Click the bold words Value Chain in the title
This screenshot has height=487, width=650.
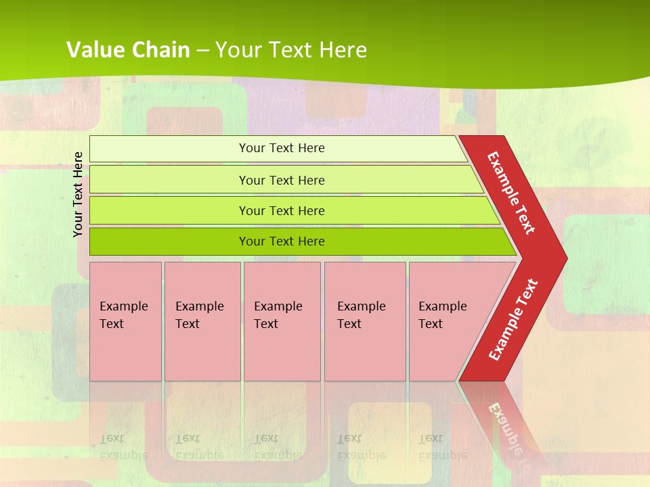128,50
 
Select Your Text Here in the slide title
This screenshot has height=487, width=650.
291,50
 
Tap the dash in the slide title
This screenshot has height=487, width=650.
202,51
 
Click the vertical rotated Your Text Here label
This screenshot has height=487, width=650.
79,194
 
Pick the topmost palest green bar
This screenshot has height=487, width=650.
169,149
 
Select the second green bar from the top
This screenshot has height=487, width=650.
169,180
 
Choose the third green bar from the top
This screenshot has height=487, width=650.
169,210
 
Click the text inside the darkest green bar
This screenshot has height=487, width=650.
282,241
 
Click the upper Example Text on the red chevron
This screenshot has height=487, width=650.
511,193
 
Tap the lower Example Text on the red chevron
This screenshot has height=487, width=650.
513,319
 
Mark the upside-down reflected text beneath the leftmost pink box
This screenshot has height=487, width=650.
123,446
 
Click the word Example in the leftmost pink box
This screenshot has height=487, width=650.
123,306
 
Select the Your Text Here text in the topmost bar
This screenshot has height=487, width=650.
282,148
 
